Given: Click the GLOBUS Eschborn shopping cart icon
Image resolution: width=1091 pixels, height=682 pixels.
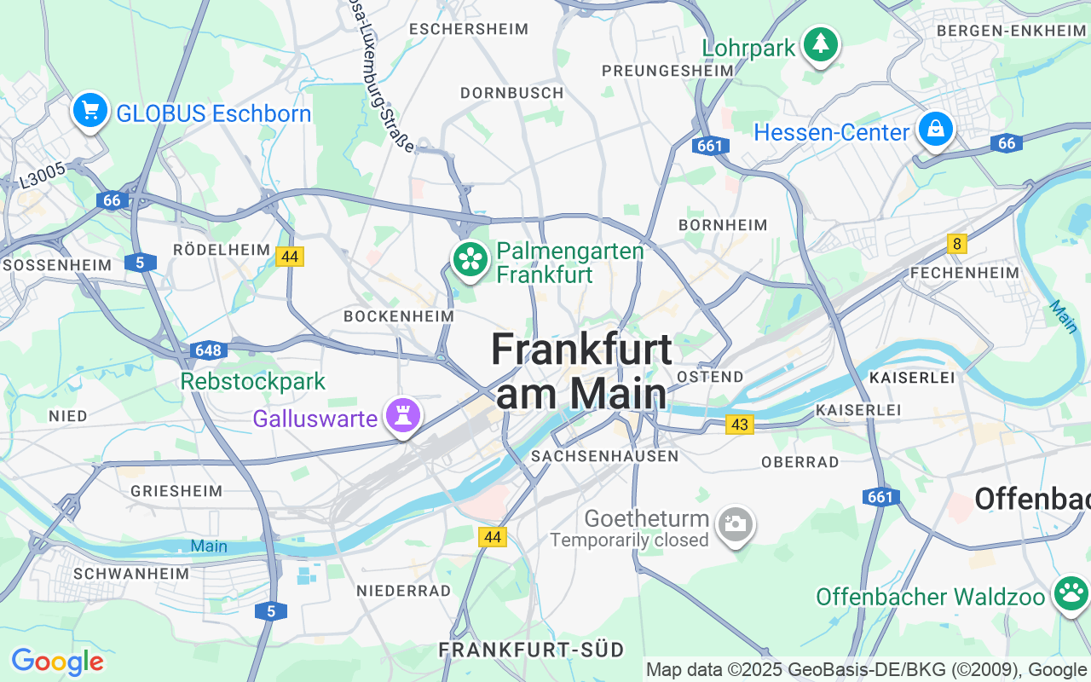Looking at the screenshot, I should tap(89, 111).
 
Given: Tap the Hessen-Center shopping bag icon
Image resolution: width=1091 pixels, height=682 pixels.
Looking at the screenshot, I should tap(935, 130).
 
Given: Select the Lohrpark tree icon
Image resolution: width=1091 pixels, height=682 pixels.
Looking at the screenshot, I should tap(821, 43).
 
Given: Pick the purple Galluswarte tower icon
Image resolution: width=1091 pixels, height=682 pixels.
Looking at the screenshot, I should tap(403, 416).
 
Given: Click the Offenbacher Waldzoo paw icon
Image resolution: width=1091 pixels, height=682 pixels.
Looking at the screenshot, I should tap(1071, 593).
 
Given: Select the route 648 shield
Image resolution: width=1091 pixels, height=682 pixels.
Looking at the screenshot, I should tap(207, 350).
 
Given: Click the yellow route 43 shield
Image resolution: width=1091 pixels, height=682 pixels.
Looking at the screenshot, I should tap(740, 424).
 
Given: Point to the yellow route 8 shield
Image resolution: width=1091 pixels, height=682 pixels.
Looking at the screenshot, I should tap(957, 245).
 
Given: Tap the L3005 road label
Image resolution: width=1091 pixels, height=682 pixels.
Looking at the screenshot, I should tap(42, 176).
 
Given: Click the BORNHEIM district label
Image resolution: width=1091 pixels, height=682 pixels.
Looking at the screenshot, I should tap(723, 225).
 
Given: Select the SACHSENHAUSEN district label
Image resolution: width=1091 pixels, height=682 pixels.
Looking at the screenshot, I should tap(604, 456).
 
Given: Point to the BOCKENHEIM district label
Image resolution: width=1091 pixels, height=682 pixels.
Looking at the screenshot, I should tap(398, 316).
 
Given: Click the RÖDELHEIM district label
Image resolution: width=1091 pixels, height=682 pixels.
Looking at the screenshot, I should tap(221, 250).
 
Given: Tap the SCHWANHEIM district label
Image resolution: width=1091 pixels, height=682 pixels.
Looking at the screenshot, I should tap(131, 574).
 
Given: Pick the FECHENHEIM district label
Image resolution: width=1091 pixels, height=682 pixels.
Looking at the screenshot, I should tap(964, 273).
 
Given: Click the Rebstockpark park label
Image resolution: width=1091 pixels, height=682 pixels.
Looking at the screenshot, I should tap(253, 381).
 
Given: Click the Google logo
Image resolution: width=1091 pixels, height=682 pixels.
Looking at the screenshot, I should tap(57, 662).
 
